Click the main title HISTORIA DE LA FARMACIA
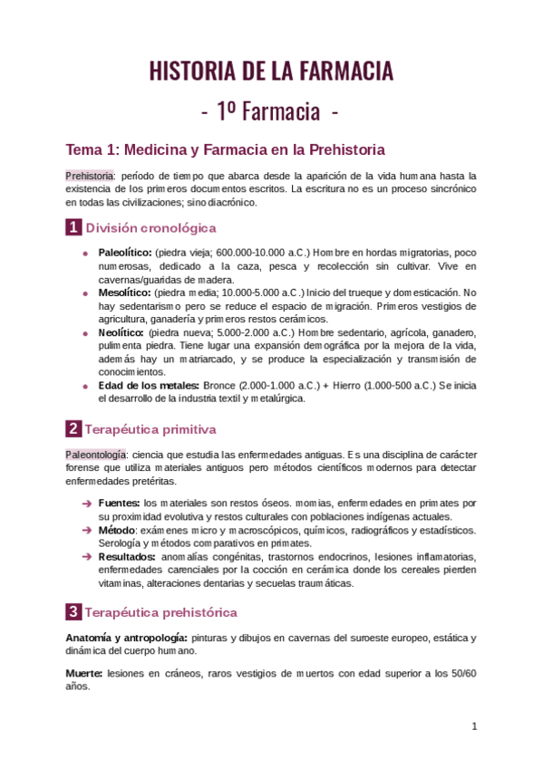tap(271, 71)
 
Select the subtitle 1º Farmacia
tap(271, 111)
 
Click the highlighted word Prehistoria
tap(90, 175)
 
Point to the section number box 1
tap(73, 228)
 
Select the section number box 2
tap(73, 428)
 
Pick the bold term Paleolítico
tap(125, 252)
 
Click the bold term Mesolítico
tap(124, 293)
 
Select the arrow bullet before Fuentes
tap(85, 503)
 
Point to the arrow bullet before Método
tap(85, 530)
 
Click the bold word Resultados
tap(126, 556)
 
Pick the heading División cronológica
tap(150, 228)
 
